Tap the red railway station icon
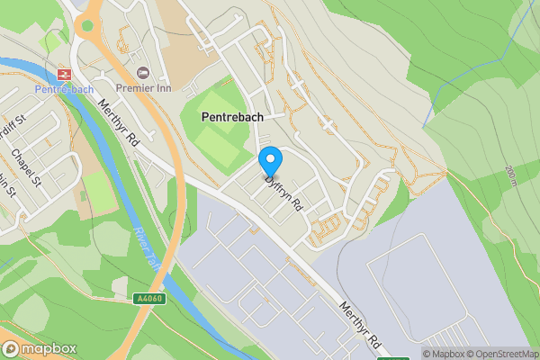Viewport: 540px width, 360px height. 64,74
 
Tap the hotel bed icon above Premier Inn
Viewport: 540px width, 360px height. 141,72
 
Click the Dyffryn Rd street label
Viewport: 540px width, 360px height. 283,193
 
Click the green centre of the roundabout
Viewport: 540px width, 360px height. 87,24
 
